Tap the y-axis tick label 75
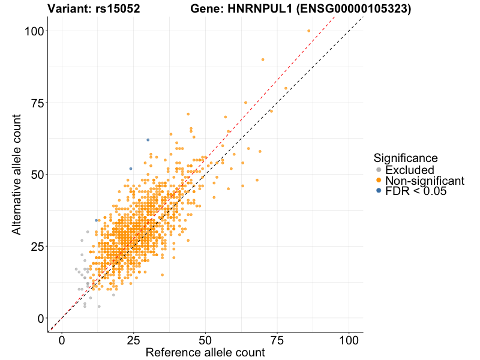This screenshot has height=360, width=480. [38, 103]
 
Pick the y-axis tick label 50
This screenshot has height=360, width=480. [38, 174]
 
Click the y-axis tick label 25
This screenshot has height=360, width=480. [38, 246]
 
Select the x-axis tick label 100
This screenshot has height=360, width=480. [349, 340]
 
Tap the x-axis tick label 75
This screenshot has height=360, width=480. [277, 340]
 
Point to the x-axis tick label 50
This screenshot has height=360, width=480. [206, 340]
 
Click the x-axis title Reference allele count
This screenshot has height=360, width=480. [205, 352]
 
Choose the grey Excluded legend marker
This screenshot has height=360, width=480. [378, 170]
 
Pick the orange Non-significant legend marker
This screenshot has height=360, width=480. [378, 181]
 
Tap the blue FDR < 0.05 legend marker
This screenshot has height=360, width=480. [378, 191]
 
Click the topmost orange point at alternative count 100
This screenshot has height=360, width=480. [309, 31]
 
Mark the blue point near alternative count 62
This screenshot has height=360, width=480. [148, 140]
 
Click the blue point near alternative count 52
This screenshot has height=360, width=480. [131, 169]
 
